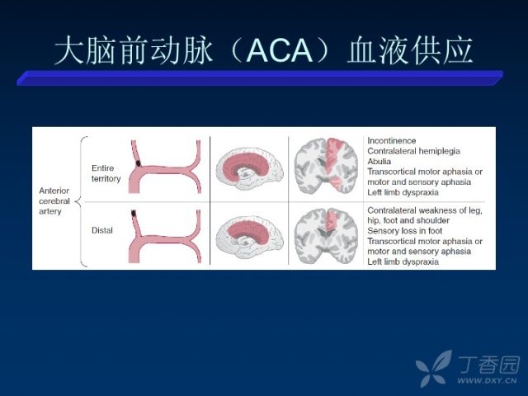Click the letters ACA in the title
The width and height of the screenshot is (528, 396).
coord(280,50)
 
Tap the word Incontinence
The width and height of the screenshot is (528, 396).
coord(391,140)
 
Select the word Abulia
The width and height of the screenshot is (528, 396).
coord(379,162)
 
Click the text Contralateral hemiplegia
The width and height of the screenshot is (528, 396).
coord(413,151)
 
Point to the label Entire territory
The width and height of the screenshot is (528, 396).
coord(106,173)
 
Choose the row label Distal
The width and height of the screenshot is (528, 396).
coord(102,230)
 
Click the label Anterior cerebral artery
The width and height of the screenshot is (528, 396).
coord(54,201)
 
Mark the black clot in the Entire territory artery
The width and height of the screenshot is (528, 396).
coord(138,163)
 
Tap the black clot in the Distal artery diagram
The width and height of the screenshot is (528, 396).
coord(134,213)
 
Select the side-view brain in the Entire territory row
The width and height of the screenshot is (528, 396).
coord(249,168)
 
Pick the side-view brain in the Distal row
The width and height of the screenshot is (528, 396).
coord(249,238)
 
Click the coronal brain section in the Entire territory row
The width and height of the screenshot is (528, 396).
coord(326,166)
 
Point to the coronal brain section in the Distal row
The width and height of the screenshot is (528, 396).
coord(326,236)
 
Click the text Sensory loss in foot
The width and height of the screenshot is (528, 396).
coord(404,231)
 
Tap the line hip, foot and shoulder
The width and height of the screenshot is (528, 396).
coord(408,220)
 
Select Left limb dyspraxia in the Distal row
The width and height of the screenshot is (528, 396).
coord(403,262)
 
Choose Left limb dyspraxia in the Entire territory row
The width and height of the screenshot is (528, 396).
coord(403,192)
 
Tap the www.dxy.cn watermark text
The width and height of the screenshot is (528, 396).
coord(487,381)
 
